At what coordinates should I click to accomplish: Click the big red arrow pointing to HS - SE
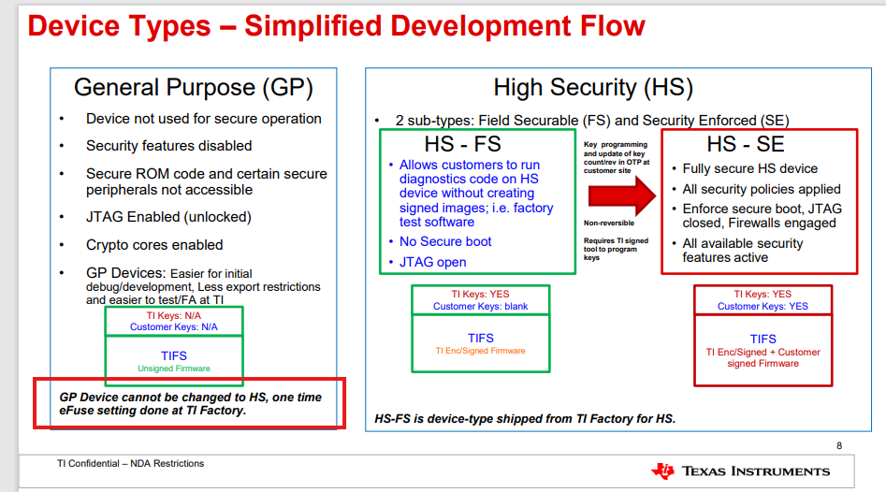(x=621, y=196)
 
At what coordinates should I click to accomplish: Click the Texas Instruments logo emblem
(x=663, y=470)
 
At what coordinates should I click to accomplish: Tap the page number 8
(x=839, y=445)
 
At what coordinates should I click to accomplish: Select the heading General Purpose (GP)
(x=194, y=88)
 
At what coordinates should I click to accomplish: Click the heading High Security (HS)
(x=593, y=88)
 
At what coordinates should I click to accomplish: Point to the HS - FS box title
(x=463, y=144)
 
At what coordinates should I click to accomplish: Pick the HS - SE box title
(x=746, y=144)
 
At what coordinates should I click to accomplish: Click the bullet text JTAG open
(x=433, y=262)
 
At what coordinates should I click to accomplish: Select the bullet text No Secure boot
(x=445, y=241)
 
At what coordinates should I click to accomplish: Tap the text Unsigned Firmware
(x=174, y=369)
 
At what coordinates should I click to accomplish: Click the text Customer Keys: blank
(x=480, y=306)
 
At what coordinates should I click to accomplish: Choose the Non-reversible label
(x=609, y=224)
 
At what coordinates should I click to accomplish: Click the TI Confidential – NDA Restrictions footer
(x=131, y=463)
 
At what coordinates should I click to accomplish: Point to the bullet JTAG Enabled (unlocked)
(x=168, y=217)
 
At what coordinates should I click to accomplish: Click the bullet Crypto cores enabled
(x=154, y=245)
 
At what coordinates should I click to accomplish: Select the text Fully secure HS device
(x=749, y=169)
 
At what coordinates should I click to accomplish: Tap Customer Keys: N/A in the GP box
(x=173, y=327)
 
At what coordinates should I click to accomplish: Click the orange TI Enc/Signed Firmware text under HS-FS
(x=480, y=351)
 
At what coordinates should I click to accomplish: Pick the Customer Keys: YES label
(x=763, y=306)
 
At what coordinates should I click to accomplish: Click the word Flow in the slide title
(x=613, y=26)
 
